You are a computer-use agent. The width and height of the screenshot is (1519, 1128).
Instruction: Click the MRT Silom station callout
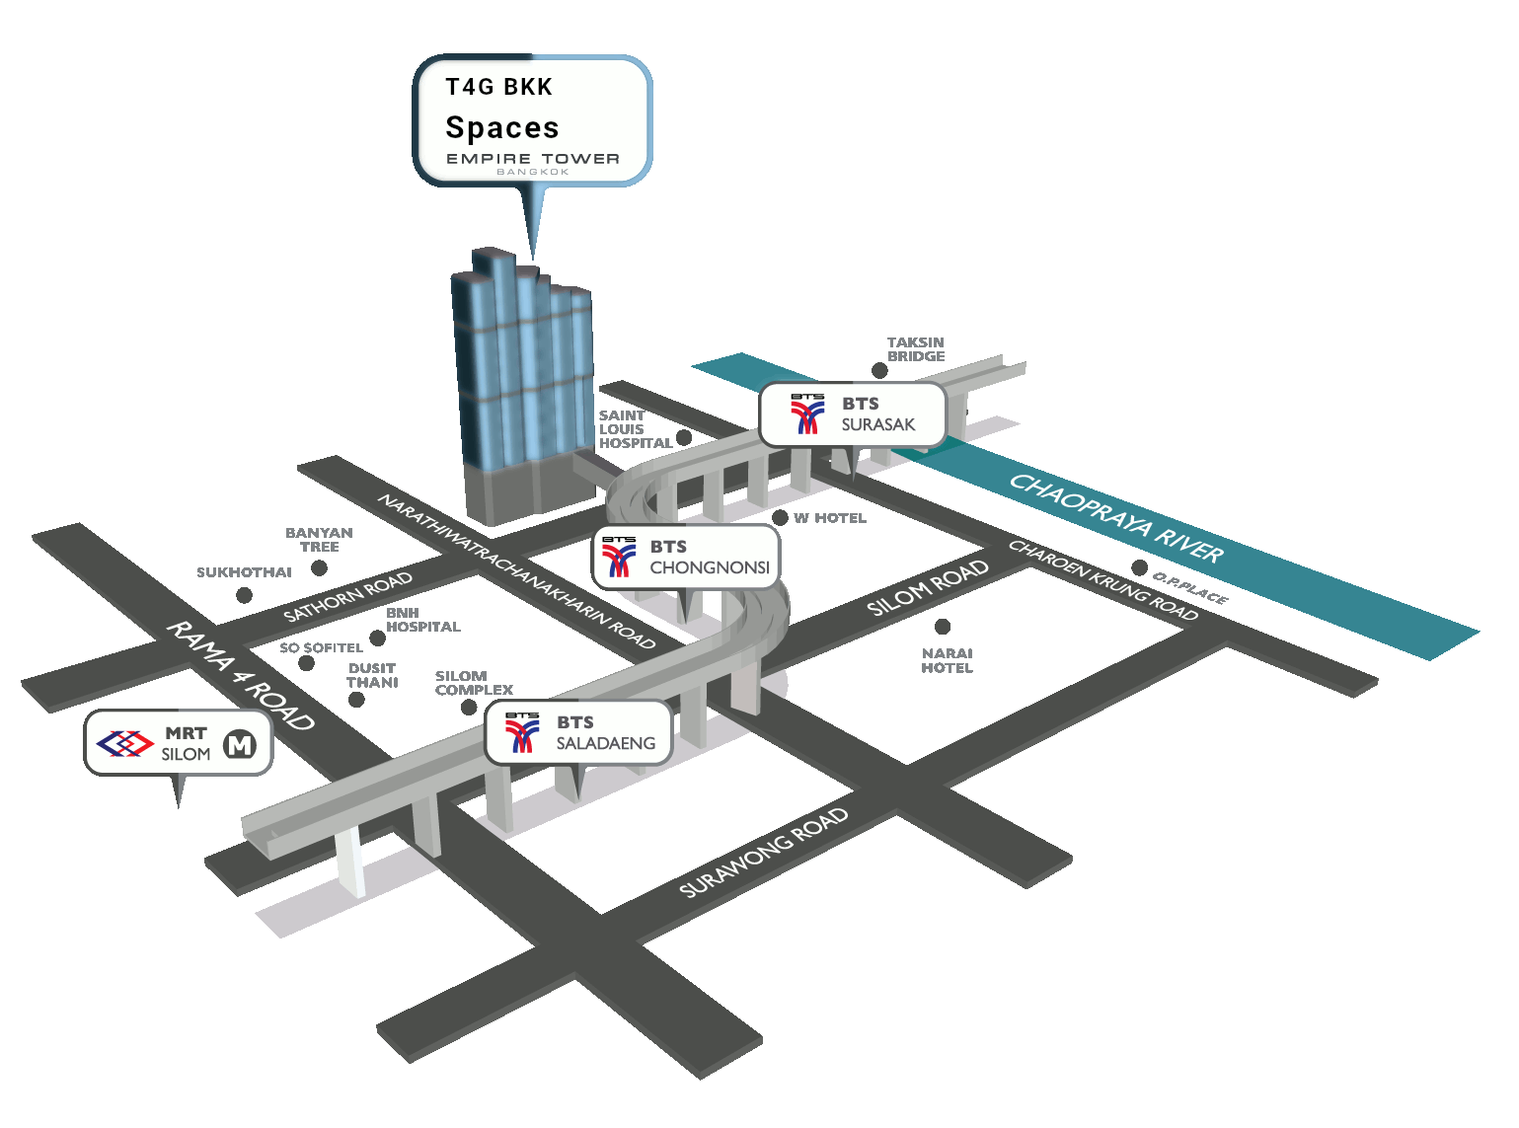point(178,743)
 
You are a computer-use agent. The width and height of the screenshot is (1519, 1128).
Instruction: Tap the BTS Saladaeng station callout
point(578,733)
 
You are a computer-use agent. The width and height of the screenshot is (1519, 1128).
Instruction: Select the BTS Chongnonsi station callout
point(686,558)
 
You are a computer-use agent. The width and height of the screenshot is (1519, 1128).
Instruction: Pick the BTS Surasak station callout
point(853,414)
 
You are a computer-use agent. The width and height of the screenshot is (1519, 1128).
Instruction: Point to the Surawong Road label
point(764,853)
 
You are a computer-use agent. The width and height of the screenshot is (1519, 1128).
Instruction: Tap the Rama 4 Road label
point(240,676)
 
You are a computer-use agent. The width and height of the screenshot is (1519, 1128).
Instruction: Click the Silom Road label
point(927,588)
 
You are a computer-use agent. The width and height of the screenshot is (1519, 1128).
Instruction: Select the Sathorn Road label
point(347,597)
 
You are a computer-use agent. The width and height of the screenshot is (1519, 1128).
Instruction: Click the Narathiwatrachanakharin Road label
point(516,572)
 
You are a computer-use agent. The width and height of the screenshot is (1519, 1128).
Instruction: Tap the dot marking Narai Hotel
point(943,627)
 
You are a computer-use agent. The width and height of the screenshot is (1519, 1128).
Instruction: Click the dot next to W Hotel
point(780,518)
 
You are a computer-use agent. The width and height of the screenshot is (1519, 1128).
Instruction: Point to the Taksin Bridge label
point(915,349)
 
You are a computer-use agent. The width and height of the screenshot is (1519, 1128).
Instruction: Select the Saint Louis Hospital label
point(635,429)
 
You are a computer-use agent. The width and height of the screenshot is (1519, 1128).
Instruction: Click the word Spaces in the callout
point(501,128)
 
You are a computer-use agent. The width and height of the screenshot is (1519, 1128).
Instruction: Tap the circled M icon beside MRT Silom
point(240,745)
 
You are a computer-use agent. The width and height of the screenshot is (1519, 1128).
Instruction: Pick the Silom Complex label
point(474,683)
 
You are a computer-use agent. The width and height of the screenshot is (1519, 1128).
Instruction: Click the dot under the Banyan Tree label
point(319,567)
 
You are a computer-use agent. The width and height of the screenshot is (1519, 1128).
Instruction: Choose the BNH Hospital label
point(422,620)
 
